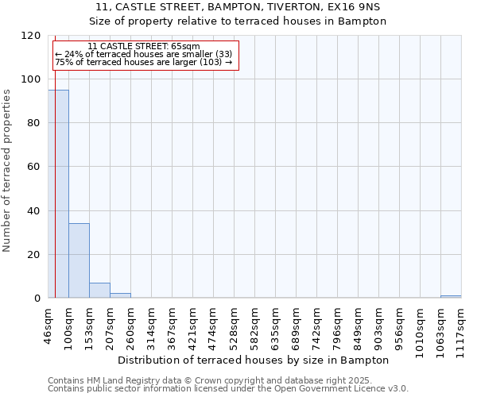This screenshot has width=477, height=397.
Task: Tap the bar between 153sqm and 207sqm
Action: click(99, 291)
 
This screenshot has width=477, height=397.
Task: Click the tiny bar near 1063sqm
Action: click(451, 297)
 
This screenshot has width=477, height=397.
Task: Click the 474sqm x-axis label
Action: click(213, 326)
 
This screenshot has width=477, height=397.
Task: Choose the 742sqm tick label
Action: click(316, 326)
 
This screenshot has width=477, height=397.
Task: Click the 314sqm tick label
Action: click(151, 326)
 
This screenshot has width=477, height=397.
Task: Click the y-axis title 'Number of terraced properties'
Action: click(7, 171)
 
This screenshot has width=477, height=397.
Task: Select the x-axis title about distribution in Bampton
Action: click(258, 360)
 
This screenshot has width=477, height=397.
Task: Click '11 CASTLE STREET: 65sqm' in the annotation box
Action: click(144, 47)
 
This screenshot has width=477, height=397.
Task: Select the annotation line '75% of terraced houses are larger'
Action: click(144, 62)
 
